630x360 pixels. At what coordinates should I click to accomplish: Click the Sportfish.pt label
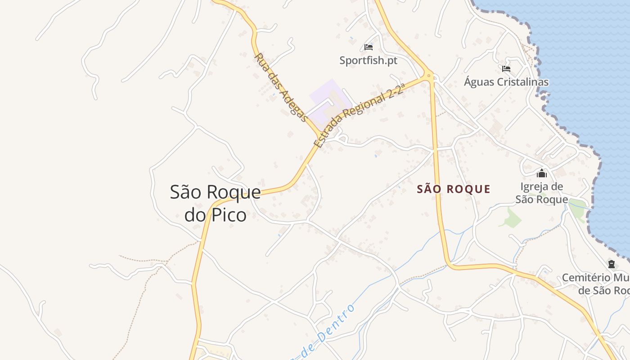point(369,60)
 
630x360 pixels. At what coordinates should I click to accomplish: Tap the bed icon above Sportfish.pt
point(369,47)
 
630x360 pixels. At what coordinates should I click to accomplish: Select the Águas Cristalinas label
point(506,82)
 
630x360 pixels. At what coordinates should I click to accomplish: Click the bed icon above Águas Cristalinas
point(506,69)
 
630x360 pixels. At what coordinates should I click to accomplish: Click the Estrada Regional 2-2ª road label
point(358,114)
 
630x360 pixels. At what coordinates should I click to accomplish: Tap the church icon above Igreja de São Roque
point(542,173)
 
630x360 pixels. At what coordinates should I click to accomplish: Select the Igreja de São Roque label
point(542,193)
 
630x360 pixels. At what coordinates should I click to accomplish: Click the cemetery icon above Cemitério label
point(611,264)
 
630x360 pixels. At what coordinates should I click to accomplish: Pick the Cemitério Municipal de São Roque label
point(596,284)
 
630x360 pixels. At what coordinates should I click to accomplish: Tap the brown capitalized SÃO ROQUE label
point(454,189)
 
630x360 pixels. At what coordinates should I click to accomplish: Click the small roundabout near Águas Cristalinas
point(429,76)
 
